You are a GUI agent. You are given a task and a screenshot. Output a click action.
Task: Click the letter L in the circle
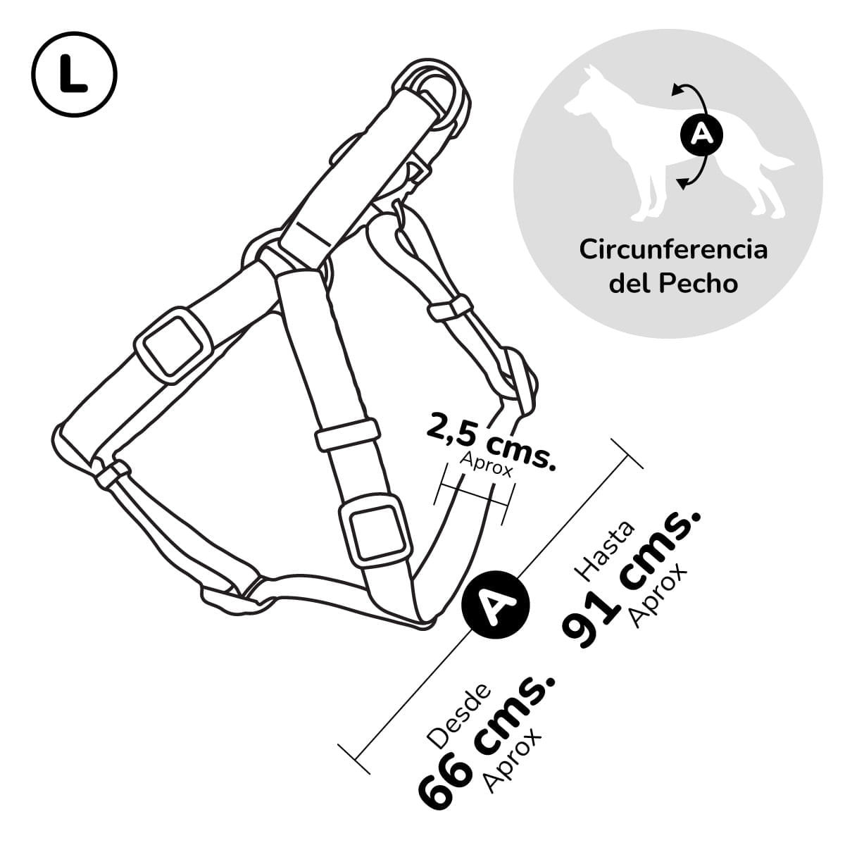coord(73,75)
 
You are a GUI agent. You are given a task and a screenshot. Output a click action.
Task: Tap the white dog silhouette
coord(675,145)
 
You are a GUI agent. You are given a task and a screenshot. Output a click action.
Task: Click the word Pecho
coord(699,284)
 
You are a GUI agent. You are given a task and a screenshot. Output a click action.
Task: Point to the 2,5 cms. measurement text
coord(490,442)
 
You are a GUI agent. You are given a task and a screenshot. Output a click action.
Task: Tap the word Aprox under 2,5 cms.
coord(486,465)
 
